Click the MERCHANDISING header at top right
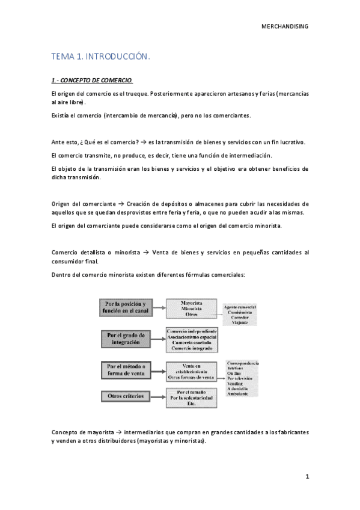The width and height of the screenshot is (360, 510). [x=286, y=26]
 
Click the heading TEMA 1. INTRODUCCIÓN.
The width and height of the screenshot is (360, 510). [x=100, y=57]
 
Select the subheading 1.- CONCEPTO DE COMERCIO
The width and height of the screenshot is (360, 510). [x=92, y=80]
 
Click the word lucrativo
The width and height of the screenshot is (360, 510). [x=290, y=142]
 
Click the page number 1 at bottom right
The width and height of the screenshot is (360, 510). [x=307, y=477]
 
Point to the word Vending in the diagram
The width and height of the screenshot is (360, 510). [x=235, y=382]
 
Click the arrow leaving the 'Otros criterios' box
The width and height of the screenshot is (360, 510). [x=158, y=396]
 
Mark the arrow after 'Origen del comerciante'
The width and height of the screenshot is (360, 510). [x=121, y=204]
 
